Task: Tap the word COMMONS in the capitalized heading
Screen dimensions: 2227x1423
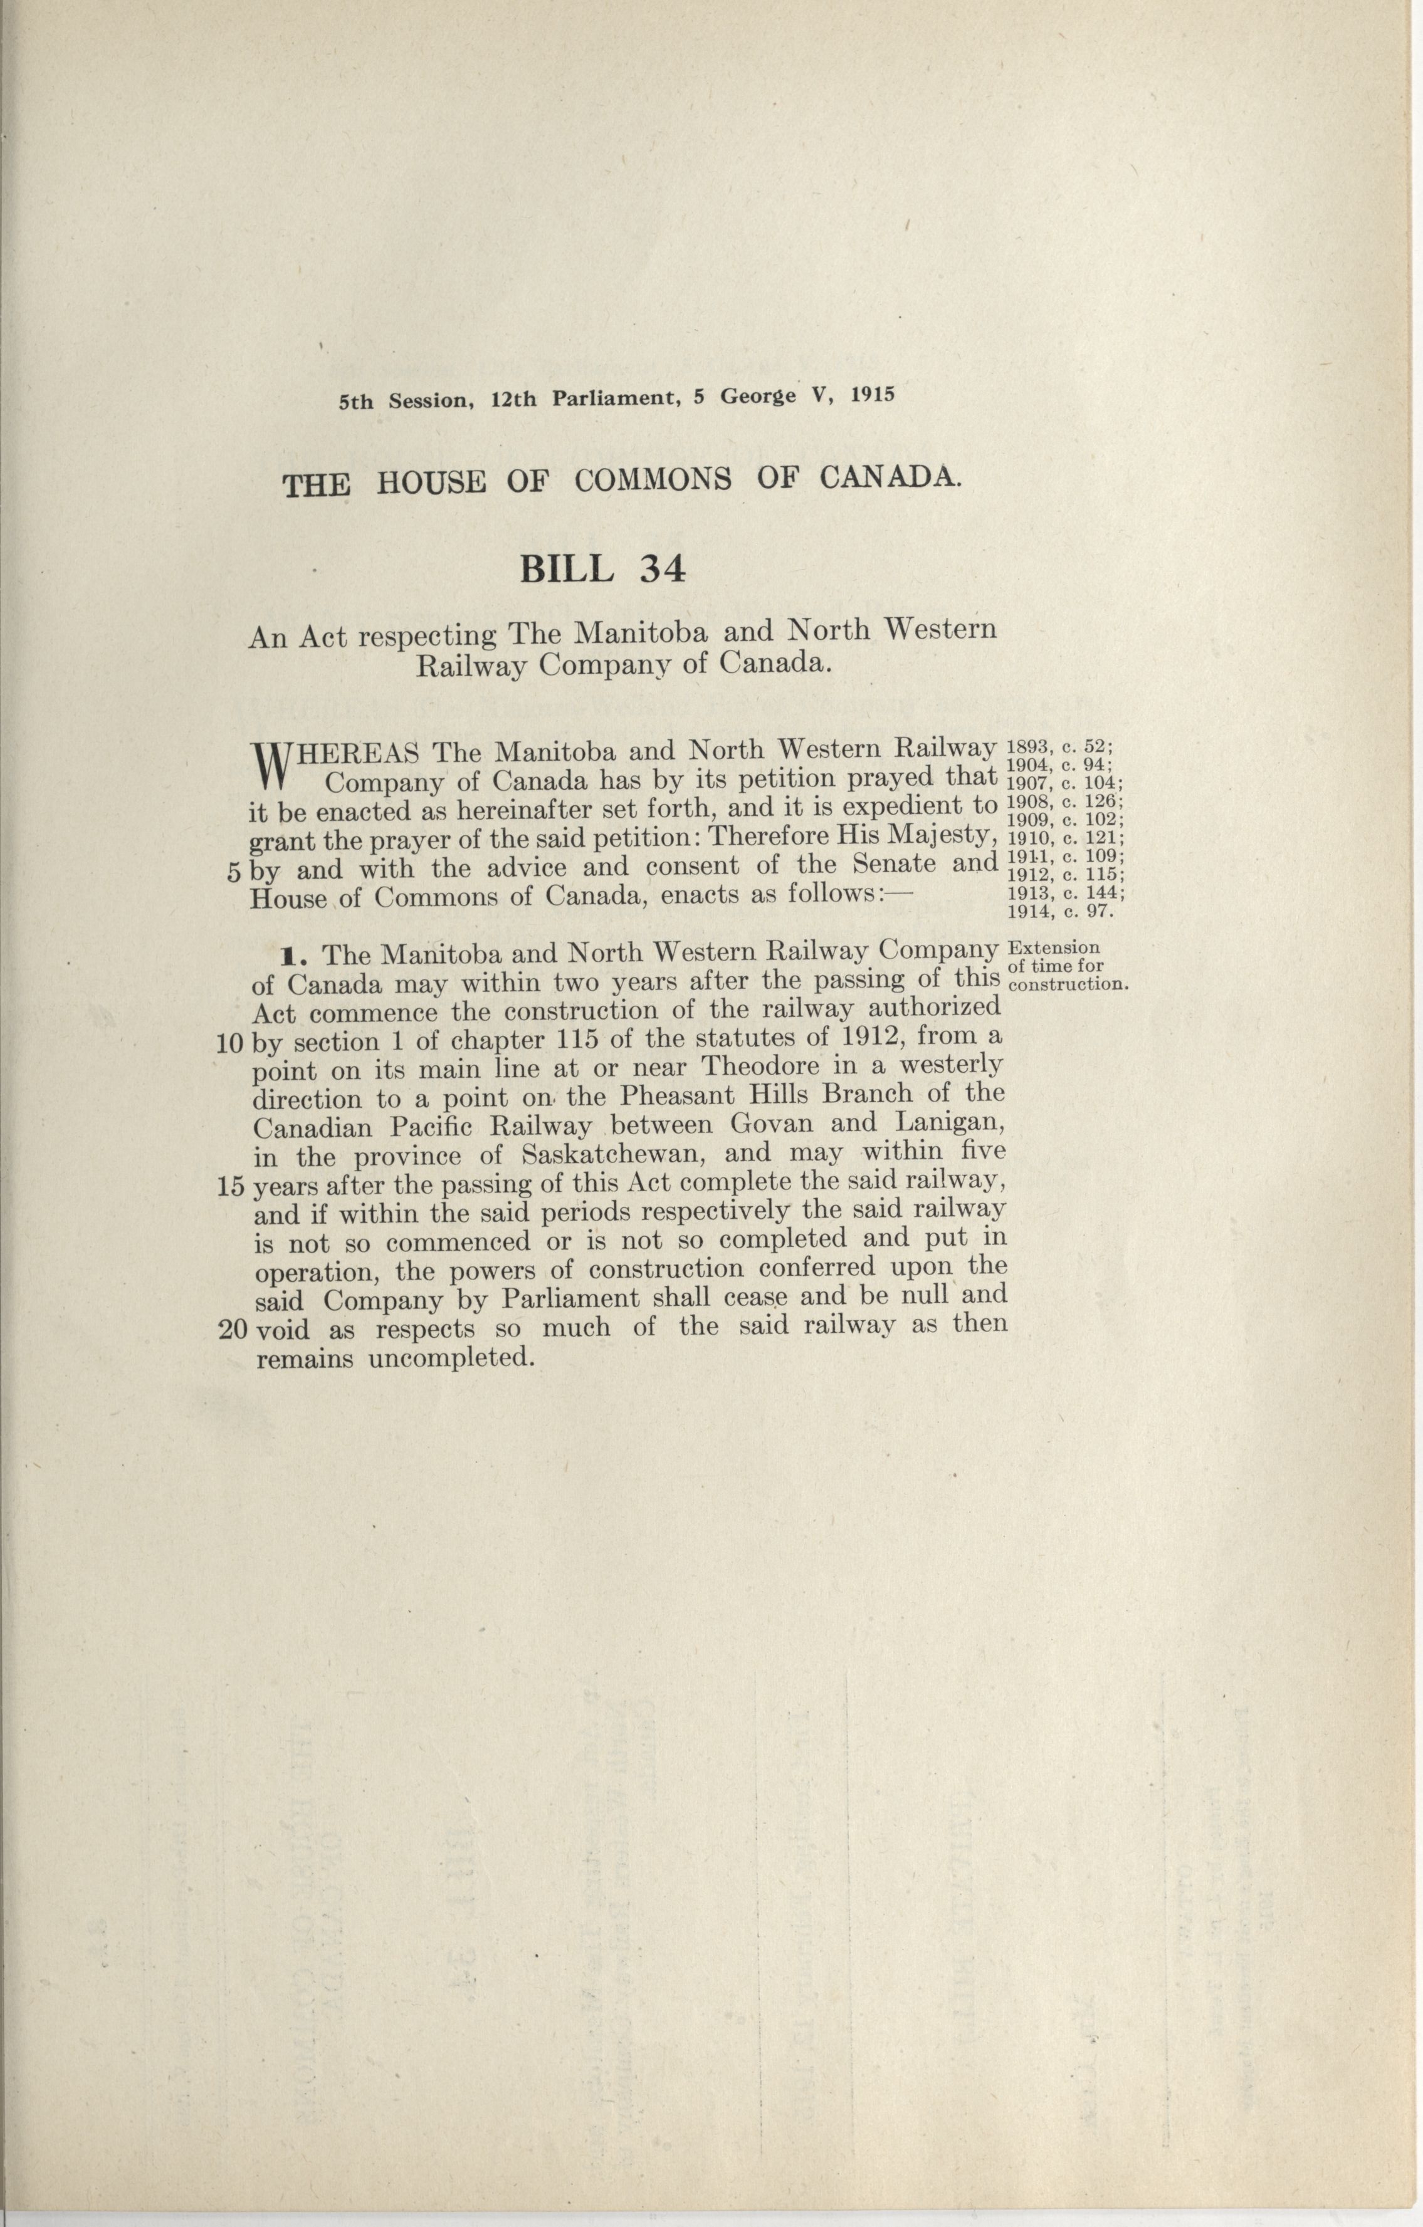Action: [x=653, y=480]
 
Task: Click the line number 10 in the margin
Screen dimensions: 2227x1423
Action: [x=229, y=1043]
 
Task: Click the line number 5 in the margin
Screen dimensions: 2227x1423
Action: [x=233, y=871]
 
